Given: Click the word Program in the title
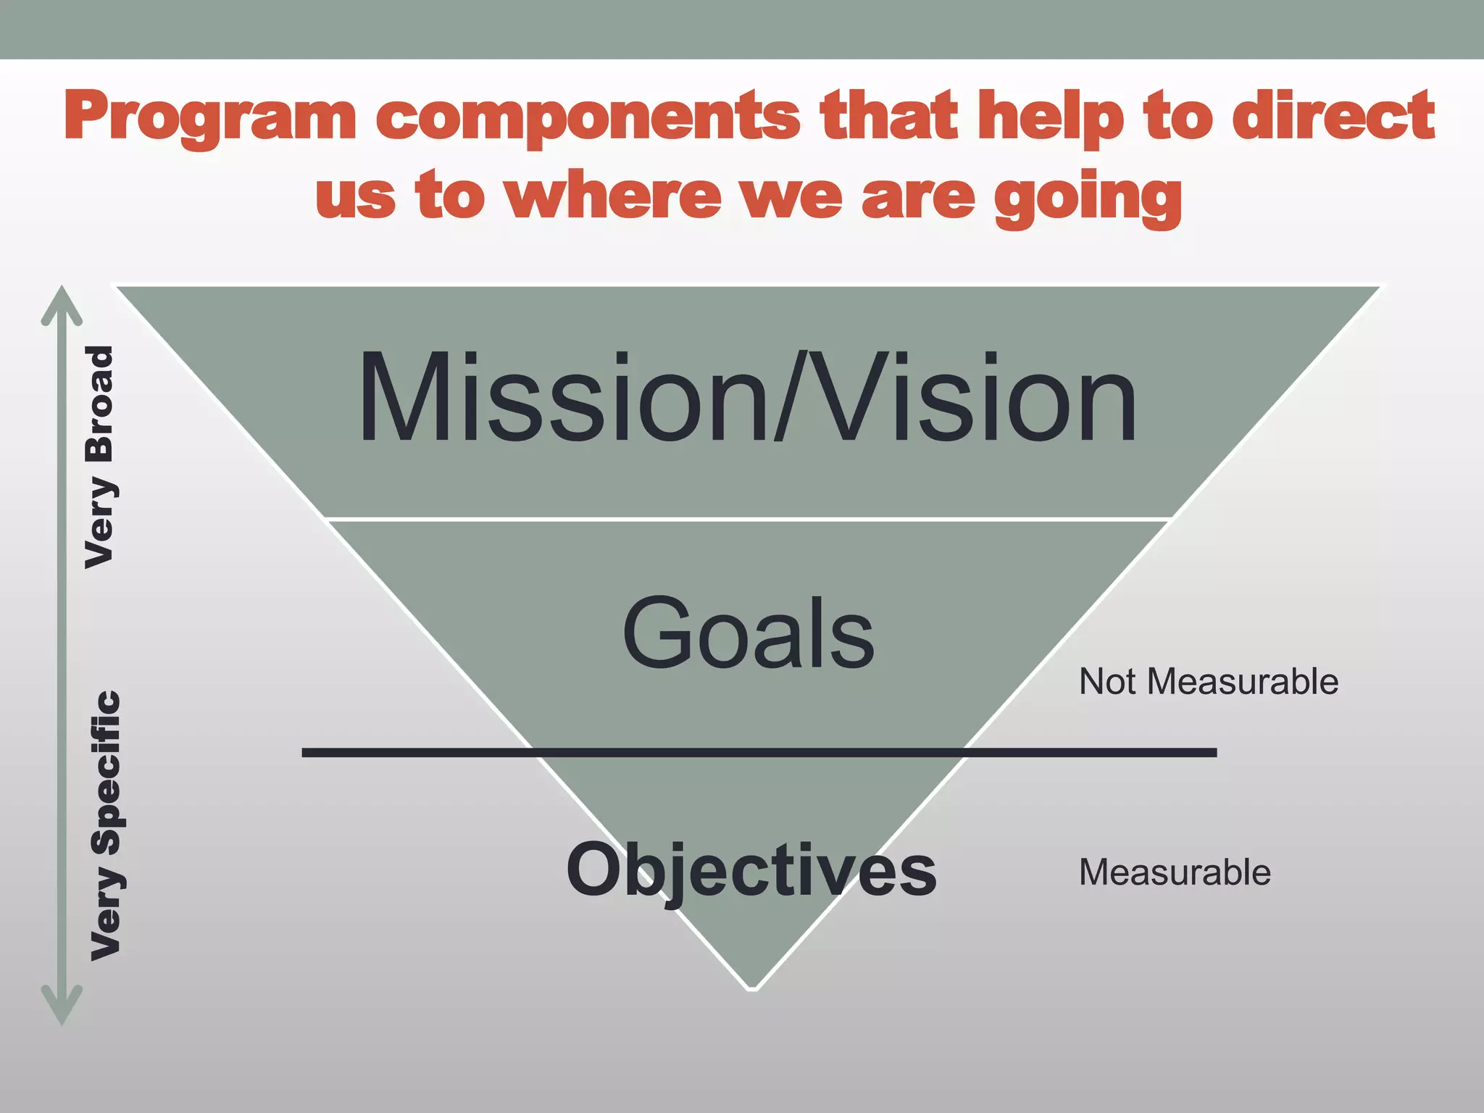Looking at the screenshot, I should click(210, 116).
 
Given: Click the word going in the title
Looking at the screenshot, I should click(1087, 197).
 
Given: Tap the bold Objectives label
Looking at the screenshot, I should click(751, 870).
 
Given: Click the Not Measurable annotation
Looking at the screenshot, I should click(1208, 682).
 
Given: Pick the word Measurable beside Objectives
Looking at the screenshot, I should click(1175, 872).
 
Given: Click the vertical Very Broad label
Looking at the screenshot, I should click(100, 457).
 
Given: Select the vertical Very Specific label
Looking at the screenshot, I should click(106, 826).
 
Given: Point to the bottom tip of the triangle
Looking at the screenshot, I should click(752, 985).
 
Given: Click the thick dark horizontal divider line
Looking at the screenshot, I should click(759, 753).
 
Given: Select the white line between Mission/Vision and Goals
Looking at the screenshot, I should click(746, 519).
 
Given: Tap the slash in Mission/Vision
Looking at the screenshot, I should click(792, 397).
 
